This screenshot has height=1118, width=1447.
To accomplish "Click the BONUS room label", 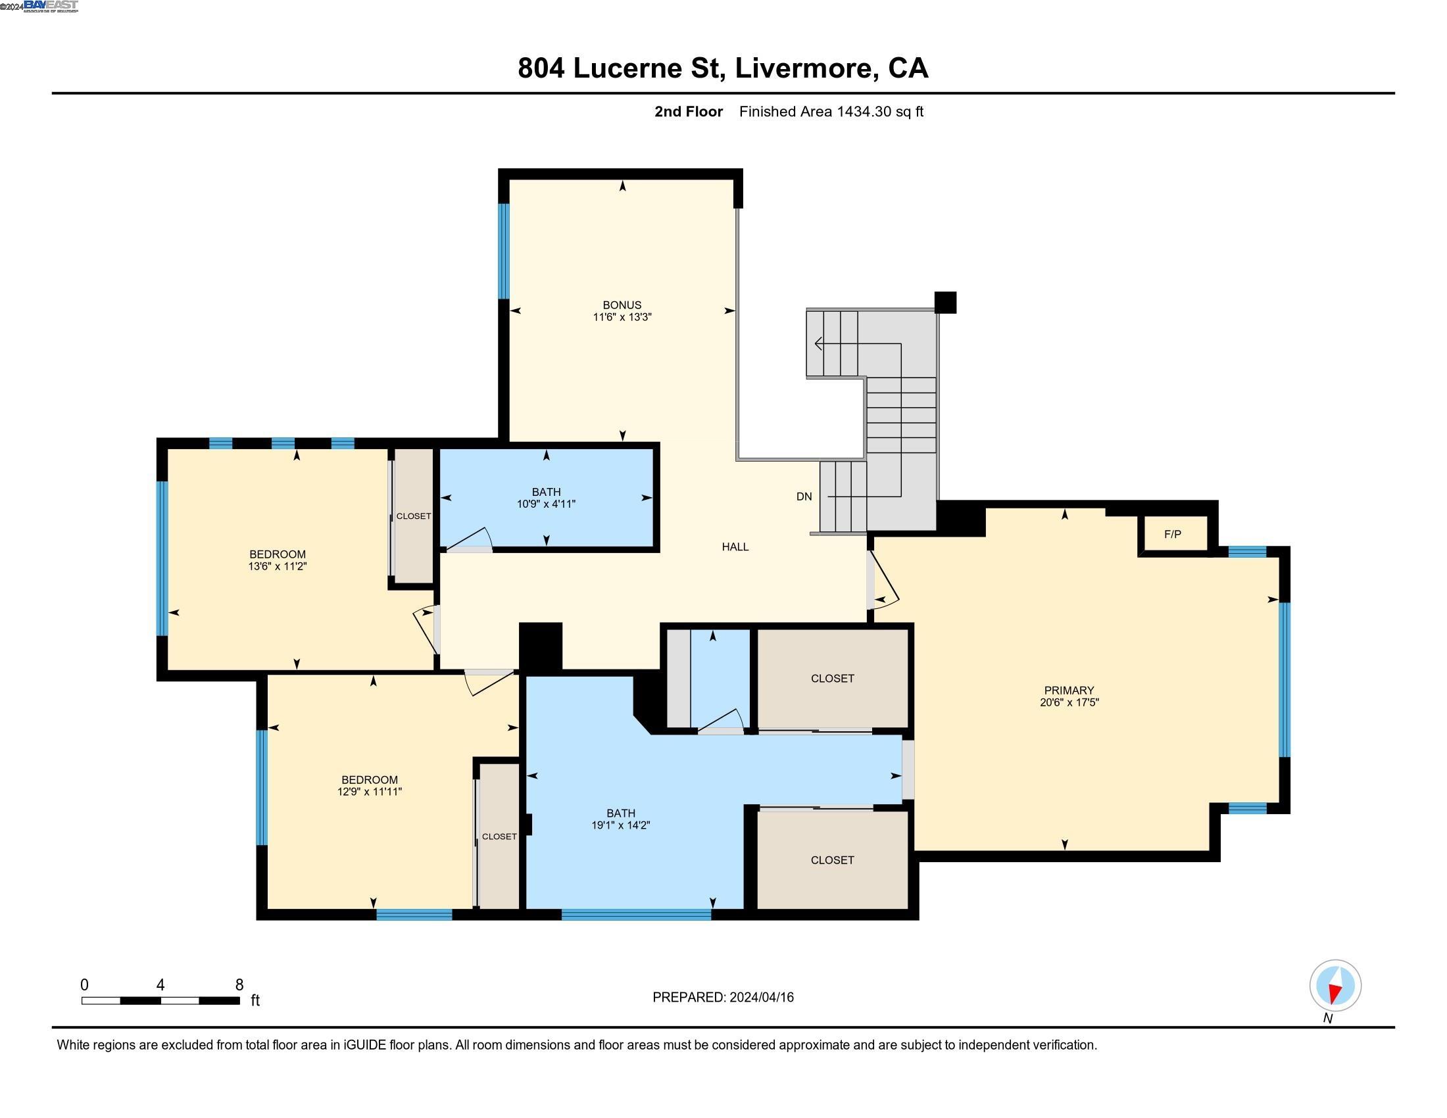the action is (x=622, y=304).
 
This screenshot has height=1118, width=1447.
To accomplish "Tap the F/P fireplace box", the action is (x=1172, y=534).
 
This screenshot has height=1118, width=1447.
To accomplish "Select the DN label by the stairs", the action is (x=804, y=496).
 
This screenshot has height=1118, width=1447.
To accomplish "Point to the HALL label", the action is (x=735, y=547).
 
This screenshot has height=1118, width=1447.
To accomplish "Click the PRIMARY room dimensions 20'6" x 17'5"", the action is (x=1069, y=702).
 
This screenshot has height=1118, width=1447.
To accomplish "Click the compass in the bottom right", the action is (x=1335, y=986).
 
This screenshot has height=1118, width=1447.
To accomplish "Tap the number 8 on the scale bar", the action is (x=239, y=985).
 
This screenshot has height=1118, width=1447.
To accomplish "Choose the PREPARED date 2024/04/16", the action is (x=760, y=997).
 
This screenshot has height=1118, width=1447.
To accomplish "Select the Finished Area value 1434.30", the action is (x=864, y=111).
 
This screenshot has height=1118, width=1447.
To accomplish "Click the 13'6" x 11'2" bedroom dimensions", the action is (x=277, y=566).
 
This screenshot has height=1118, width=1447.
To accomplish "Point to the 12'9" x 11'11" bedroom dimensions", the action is (x=369, y=791).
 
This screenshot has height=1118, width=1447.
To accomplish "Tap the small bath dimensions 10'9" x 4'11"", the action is (x=546, y=504).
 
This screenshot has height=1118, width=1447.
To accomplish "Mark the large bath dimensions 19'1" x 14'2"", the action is (x=621, y=825).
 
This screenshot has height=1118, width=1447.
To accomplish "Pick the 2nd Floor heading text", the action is (x=689, y=111).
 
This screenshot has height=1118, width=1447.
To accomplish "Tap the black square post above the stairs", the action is (x=945, y=303).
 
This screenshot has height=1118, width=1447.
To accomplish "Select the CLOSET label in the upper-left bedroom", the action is (x=414, y=516).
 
